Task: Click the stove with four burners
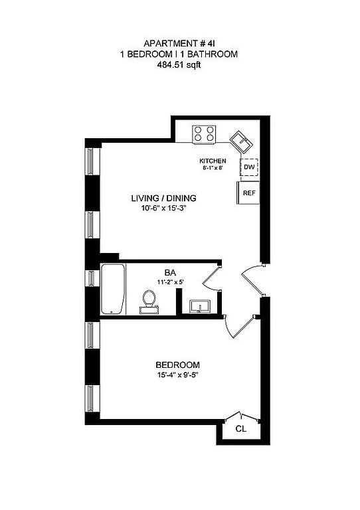pyautogui.click(x=205, y=134)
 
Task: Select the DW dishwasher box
pyautogui.click(x=248, y=167)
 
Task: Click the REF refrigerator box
pyautogui.click(x=248, y=193)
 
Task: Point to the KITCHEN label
pyautogui.click(x=213, y=161)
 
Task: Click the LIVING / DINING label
pyautogui.click(x=163, y=198)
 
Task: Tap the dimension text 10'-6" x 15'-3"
pyautogui.click(x=163, y=208)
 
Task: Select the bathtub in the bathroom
pyautogui.click(x=112, y=290)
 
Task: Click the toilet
pyautogui.click(x=149, y=302)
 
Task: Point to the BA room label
pyautogui.click(x=169, y=272)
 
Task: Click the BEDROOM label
pyautogui.click(x=177, y=365)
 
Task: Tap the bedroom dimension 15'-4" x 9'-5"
pyautogui.click(x=177, y=375)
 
